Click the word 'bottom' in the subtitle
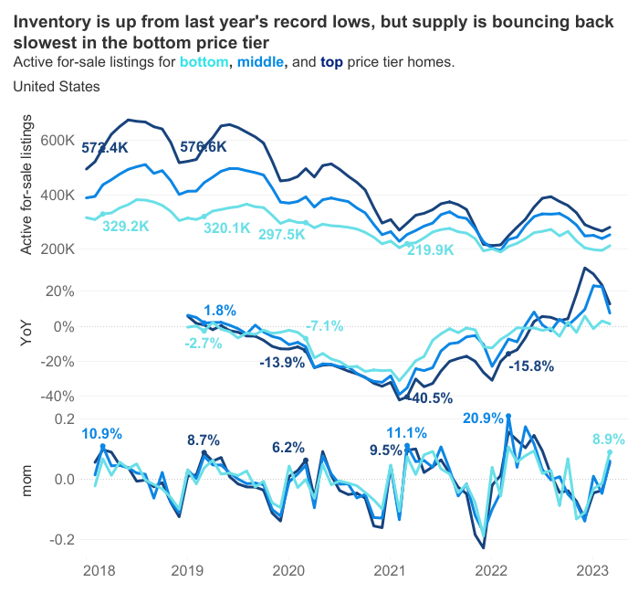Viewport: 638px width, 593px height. [205, 62]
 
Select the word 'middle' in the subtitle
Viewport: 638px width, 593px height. [262, 62]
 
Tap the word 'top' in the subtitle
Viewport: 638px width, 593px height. [332, 62]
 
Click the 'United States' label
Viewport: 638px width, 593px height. [57, 86]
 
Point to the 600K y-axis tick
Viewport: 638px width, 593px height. [56, 141]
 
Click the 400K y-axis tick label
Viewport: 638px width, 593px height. [56, 195]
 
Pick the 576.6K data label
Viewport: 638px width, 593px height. [203, 146]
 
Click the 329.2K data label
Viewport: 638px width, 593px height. [125, 226]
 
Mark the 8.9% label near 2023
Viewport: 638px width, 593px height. [610, 439]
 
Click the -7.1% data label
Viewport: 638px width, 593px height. [324, 326]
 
